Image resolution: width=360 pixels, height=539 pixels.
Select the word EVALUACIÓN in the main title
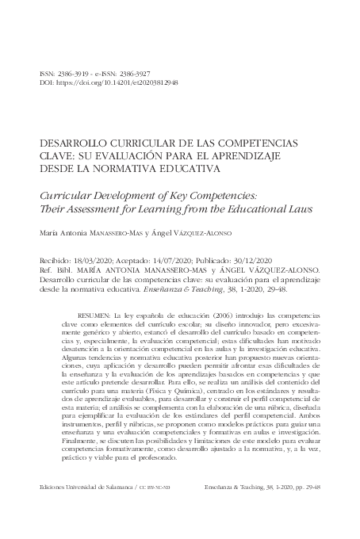pyautogui.click(x=147, y=156)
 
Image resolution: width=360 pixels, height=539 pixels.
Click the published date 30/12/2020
pyautogui.click(x=247, y=259)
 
